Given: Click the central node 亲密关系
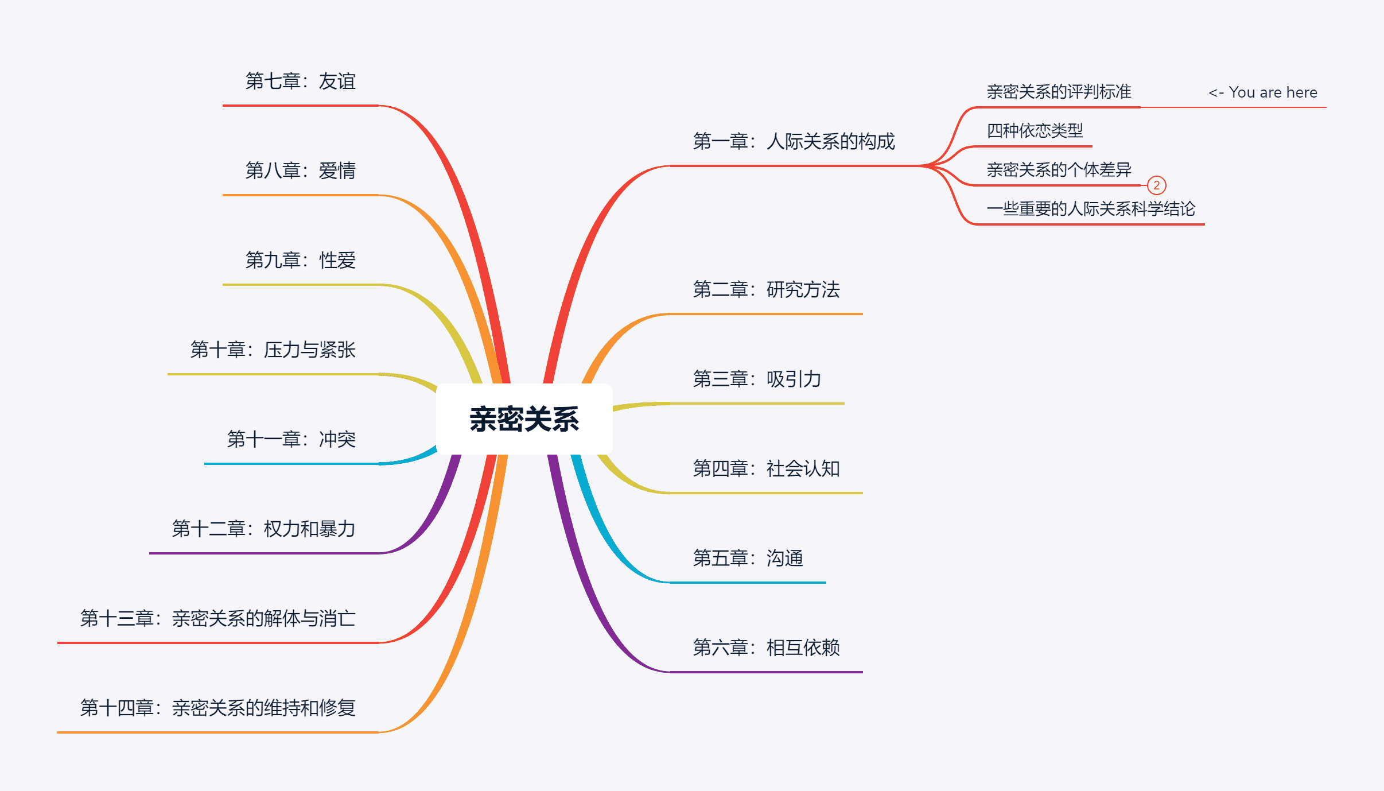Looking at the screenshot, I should (524, 419).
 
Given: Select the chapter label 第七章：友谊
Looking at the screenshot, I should (300, 82).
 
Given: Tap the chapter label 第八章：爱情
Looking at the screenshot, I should (300, 171).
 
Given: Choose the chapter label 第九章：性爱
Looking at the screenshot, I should (300, 261).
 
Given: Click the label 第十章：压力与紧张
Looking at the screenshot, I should (273, 350).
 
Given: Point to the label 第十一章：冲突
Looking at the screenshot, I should (291, 440).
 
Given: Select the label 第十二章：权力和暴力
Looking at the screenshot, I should (263, 529).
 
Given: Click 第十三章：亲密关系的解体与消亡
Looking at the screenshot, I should (217, 619).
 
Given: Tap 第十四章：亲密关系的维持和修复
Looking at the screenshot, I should (217, 708).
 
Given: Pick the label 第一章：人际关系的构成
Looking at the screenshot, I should (794, 141).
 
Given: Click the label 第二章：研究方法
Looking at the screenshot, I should (766, 290).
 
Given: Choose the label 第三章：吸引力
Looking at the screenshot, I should (757, 379).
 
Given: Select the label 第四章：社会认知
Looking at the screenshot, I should (766, 469).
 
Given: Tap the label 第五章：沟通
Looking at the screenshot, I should (748, 559).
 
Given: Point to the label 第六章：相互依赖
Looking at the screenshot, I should (766, 648).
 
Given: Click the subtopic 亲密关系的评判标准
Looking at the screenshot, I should (1059, 92).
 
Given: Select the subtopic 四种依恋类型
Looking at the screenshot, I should (1035, 131).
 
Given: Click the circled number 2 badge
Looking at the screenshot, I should (1156, 185).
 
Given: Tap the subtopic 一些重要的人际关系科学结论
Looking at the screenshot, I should (1091, 209).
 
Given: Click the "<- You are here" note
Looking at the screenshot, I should (1262, 92).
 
